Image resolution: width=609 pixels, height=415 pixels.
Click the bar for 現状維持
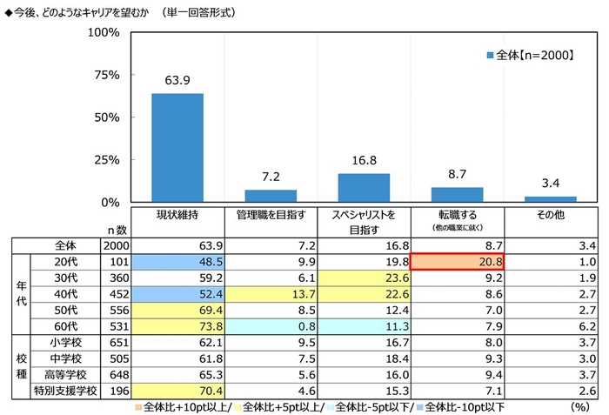point(177,148)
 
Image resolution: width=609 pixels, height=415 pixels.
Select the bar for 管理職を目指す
point(271,196)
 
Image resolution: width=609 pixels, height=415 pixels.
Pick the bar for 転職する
point(457,194)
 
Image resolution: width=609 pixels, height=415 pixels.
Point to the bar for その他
point(550,199)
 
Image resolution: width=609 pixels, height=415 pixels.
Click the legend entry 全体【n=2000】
point(527,55)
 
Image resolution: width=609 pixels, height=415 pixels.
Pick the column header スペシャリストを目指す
point(364,222)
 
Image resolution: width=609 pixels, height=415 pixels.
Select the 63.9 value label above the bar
point(177,81)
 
